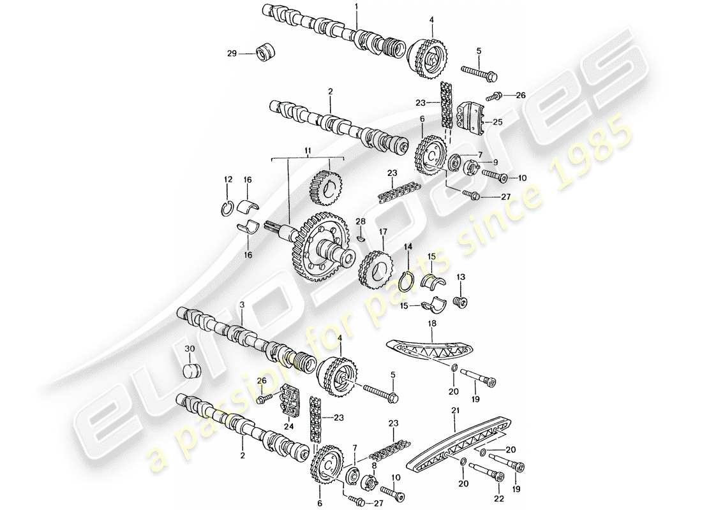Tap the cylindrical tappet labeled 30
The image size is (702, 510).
coord(190,371)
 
